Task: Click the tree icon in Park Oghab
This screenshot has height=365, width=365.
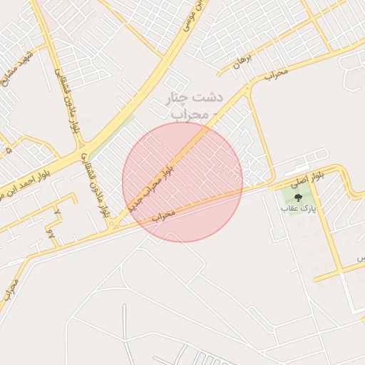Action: coord(297,197)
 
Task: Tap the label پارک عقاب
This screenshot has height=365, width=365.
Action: coord(298,209)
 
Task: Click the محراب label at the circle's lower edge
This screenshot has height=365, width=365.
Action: coord(163,214)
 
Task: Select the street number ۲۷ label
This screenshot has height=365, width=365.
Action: coord(51,232)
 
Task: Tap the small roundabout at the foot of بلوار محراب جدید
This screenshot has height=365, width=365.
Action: coord(114,226)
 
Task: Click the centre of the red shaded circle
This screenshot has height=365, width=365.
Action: coord(182,182)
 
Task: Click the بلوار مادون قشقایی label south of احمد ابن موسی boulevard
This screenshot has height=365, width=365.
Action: coord(96,185)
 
